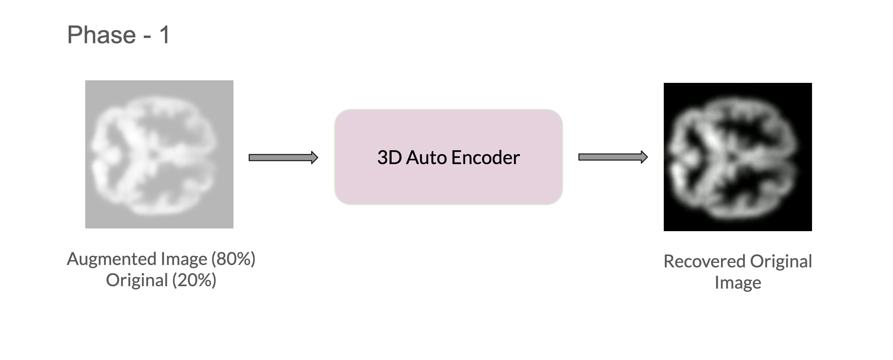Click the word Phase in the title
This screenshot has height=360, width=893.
click(x=101, y=35)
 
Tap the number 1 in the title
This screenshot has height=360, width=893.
click(x=164, y=35)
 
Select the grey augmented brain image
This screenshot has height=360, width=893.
click(x=159, y=154)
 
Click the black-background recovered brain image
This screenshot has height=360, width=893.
click(x=737, y=157)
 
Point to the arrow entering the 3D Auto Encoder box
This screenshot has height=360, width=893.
click(x=283, y=158)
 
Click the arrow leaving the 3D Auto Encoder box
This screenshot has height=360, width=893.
click(x=613, y=157)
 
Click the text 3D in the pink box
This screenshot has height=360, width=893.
click(x=389, y=157)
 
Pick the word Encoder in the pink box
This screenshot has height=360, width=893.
click(x=485, y=157)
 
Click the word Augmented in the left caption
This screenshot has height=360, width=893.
click(x=112, y=259)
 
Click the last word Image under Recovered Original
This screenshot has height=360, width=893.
click(x=738, y=282)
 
